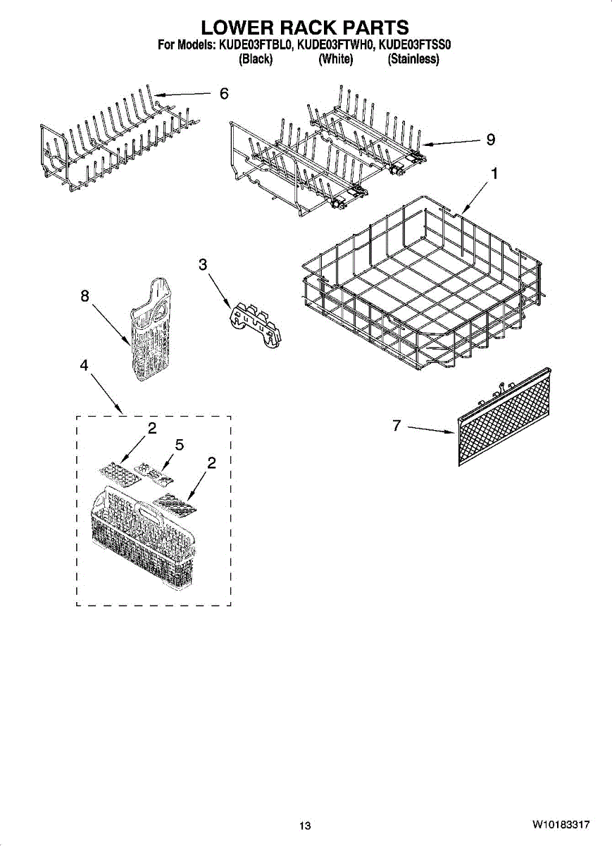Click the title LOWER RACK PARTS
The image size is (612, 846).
pyautogui.click(x=305, y=27)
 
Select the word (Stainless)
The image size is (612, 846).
pyautogui.click(x=413, y=59)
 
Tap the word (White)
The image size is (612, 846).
pyautogui.click(x=335, y=59)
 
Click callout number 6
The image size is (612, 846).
pyautogui.click(x=224, y=94)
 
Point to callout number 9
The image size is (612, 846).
pyautogui.click(x=490, y=140)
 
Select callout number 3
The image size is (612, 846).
pyautogui.click(x=203, y=264)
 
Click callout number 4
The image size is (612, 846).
pyautogui.click(x=85, y=365)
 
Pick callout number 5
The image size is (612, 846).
pyautogui.click(x=180, y=445)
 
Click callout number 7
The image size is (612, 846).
pyautogui.click(x=397, y=426)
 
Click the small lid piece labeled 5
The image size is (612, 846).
pyautogui.click(x=155, y=473)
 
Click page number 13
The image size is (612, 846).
pyautogui.click(x=304, y=826)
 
